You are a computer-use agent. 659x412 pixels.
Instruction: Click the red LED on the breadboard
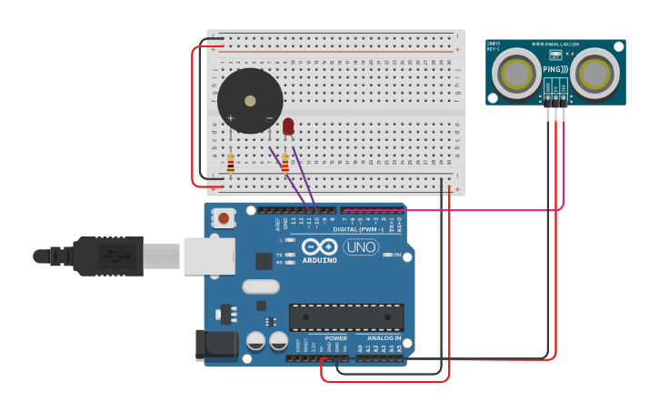click(288, 126)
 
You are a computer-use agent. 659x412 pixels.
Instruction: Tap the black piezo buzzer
click(250, 100)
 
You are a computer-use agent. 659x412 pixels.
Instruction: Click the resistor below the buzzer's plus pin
click(230, 164)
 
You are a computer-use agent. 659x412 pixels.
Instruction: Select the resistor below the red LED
click(285, 164)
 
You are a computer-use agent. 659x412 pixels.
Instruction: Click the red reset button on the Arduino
click(223, 218)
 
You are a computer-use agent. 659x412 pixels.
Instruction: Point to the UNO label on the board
click(361, 246)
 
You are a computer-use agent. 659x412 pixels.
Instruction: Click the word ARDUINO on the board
click(319, 261)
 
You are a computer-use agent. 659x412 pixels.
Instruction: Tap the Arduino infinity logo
click(319, 247)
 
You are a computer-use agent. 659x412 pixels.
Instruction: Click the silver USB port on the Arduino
click(207, 256)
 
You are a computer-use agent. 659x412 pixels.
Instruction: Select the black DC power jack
click(216, 345)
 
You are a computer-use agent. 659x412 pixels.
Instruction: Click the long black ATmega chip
click(346, 317)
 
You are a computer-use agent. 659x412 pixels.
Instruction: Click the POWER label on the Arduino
click(335, 338)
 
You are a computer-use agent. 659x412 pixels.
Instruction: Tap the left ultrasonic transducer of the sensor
click(516, 72)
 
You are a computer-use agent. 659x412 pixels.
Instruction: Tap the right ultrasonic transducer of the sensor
click(596, 72)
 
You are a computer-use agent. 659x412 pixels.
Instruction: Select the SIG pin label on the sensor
click(564, 86)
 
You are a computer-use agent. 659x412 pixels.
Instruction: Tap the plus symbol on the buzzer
click(231, 118)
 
